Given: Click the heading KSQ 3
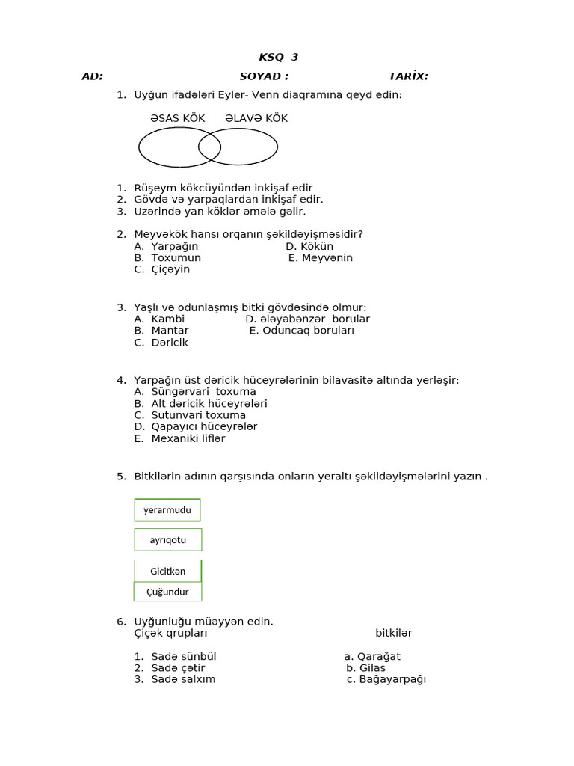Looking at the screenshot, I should coord(278,58).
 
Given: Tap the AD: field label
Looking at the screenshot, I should coord(92,76).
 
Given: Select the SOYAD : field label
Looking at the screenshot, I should coord(264,76).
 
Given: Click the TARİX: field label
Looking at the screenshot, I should coord(408,76).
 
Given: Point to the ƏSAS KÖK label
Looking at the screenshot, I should coord(177,118).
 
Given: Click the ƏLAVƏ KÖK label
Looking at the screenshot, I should coord(256,118).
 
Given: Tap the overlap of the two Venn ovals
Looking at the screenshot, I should coord(210,147).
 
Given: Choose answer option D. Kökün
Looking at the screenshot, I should coord(309,246).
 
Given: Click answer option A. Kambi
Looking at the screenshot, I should coord(159,319).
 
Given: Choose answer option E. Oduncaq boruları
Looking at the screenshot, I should coord(302,331).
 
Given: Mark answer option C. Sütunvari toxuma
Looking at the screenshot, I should coord(190,415).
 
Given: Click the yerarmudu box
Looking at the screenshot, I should coord(167,510).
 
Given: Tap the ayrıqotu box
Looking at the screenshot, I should coord(168,539).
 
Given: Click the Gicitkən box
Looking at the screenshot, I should coord(168,571).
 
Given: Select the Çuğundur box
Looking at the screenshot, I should coord(168,592).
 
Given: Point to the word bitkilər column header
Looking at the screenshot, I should coord(393,633).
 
